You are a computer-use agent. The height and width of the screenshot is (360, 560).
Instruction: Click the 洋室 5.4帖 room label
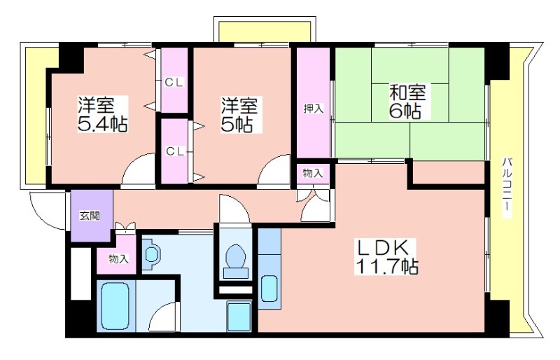tap(102, 114)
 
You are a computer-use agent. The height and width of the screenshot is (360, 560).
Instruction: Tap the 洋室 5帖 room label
tap(239, 114)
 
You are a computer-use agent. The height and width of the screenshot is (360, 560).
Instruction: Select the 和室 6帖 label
tap(407, 101)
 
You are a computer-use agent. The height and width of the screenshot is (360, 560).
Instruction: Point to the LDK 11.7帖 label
tap(387, 256)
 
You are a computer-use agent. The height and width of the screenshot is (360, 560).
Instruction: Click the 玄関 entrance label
tap(90, 216)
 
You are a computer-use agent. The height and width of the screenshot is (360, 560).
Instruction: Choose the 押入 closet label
tap(314, 109)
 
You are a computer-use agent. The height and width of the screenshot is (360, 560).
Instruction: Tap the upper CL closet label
tap(174, 83)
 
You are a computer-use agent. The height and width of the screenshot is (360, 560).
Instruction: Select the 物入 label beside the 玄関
tap(118, 259)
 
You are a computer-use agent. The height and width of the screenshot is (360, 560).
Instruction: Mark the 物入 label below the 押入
tap(313, 174)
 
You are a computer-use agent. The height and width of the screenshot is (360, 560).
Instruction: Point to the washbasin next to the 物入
tap(151, 254)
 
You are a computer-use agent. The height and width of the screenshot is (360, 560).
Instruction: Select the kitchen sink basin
tap(269, 289)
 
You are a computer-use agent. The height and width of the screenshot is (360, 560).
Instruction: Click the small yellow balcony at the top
tap(265, 32)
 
